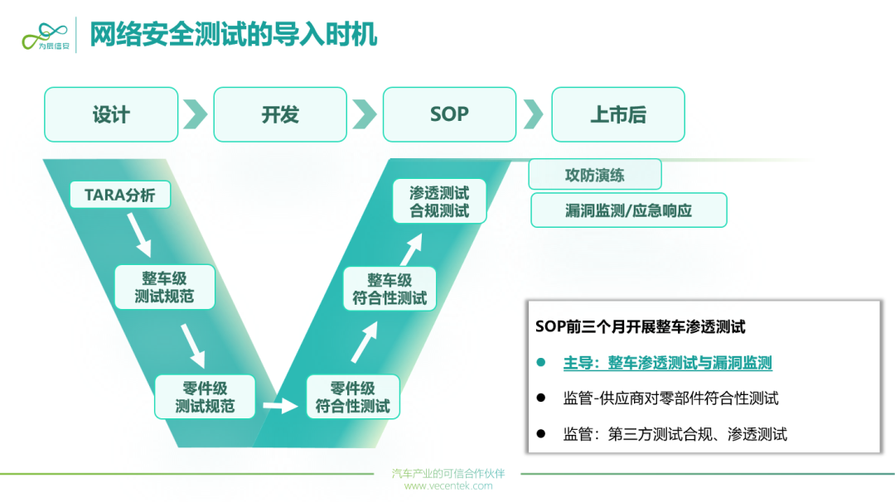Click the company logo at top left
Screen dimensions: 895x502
coord(46,36)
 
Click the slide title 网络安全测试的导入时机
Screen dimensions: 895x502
coord(234,34)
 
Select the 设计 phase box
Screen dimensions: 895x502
coord(111,114)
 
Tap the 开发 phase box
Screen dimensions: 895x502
coord(280,114)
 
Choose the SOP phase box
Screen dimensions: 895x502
coord(449,114)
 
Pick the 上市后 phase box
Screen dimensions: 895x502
coord(618,114)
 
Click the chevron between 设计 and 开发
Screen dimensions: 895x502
coord(196,114)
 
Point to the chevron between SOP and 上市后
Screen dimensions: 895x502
coord(533,114)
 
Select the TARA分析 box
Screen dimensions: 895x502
coord(120,195)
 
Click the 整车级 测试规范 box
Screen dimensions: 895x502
coord(164,287)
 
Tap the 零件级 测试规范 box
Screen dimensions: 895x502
coord(205,397)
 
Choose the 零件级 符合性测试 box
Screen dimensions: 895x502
coord(353,397)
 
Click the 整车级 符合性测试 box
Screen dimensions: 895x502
coord(389,288)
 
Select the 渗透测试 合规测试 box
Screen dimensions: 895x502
coord(439,201)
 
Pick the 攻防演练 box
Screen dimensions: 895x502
coord(595,175)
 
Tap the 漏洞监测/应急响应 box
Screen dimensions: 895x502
coord(628,210)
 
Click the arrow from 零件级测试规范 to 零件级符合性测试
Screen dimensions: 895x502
coord(280,406)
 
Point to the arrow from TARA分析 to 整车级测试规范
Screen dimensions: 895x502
coord(140,235)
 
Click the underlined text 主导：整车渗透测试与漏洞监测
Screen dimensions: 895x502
coord(667,363)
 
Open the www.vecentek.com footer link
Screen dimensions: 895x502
coord(448,486)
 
